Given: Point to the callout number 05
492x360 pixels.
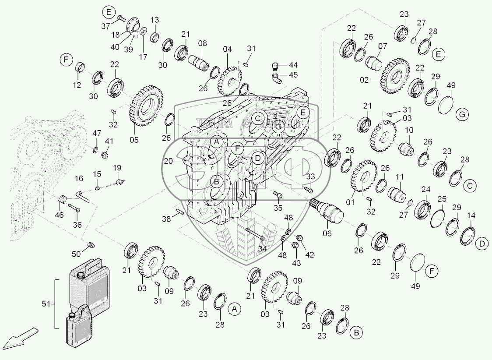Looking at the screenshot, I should point(134,140).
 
